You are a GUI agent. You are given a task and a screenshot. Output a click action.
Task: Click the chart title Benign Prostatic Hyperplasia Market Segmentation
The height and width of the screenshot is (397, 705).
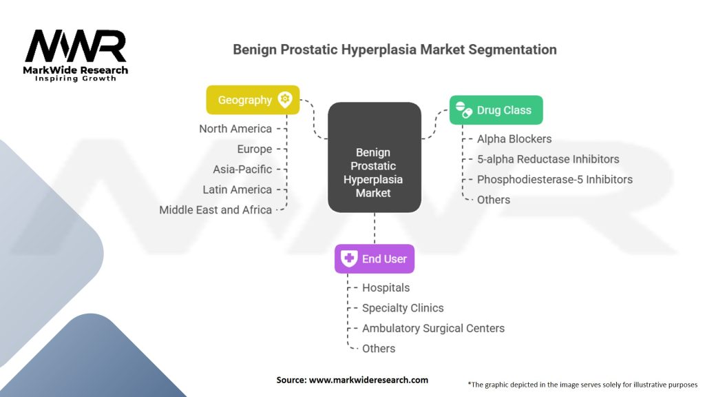[394, 50]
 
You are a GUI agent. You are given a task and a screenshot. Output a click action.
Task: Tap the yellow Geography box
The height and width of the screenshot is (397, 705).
[253, 100]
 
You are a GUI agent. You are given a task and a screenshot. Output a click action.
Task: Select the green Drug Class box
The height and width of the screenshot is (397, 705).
[496, 110]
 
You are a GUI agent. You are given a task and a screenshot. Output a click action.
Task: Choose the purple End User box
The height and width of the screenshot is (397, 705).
[375, 259]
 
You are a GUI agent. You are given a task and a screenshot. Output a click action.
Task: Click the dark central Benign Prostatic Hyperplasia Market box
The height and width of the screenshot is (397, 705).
[373, 157]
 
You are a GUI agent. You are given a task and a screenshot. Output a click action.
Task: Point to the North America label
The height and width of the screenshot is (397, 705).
[235, 129]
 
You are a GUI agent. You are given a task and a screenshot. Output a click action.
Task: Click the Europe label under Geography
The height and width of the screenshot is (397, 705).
[255, 149]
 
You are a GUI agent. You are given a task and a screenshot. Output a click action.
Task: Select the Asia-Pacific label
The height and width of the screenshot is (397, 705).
[242, 169]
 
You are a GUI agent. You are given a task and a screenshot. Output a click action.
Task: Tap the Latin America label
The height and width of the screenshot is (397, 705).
[238, 190]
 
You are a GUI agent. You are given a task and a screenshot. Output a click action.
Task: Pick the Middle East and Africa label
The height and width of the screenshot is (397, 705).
[215, 210]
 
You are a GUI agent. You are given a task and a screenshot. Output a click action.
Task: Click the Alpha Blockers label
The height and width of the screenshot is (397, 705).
[514, 139]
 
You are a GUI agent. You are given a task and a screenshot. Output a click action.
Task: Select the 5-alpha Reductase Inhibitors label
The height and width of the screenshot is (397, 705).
[548, 159]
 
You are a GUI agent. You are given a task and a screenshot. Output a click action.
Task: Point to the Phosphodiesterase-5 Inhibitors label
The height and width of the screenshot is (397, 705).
[555, 179]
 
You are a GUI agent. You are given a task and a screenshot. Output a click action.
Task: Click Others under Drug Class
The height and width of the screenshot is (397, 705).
[494, 200]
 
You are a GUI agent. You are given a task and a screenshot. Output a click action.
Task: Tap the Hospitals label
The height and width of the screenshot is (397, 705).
[386, 287]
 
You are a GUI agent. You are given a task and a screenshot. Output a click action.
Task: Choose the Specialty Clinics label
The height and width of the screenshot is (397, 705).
[403, 308]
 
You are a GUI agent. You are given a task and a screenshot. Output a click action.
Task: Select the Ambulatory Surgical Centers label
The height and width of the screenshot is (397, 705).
[433, 328]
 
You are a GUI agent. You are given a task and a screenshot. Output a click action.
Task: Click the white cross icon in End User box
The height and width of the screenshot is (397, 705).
[350, 259]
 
